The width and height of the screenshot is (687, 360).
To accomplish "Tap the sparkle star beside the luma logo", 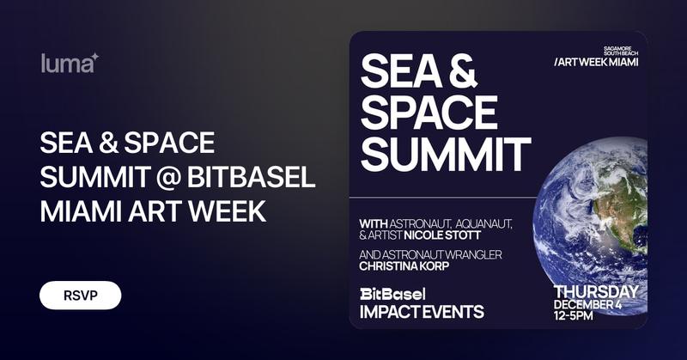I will coord(95,57).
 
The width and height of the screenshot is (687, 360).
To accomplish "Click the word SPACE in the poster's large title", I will coord(429,113).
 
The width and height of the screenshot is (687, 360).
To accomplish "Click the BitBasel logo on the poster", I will coord(392,294).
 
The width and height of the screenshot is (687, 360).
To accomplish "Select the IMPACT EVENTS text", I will coord(422,311).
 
